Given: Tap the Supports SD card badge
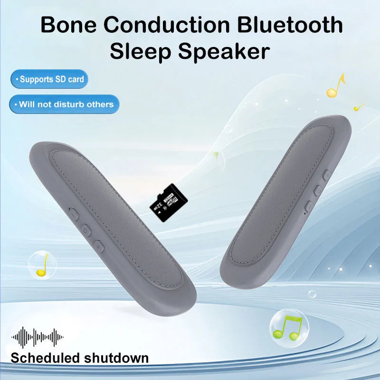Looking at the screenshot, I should [x=49, y=79].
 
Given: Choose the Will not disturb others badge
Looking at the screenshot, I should [x=64, y=104].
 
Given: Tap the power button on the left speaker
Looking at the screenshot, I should [x=86, y=231].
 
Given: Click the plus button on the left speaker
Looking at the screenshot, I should [x=98, y=246].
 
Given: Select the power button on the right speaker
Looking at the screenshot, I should [x=318, y=191].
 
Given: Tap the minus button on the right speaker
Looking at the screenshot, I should [x=308, y=206].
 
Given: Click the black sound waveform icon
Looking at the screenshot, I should [x=38, y=337].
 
